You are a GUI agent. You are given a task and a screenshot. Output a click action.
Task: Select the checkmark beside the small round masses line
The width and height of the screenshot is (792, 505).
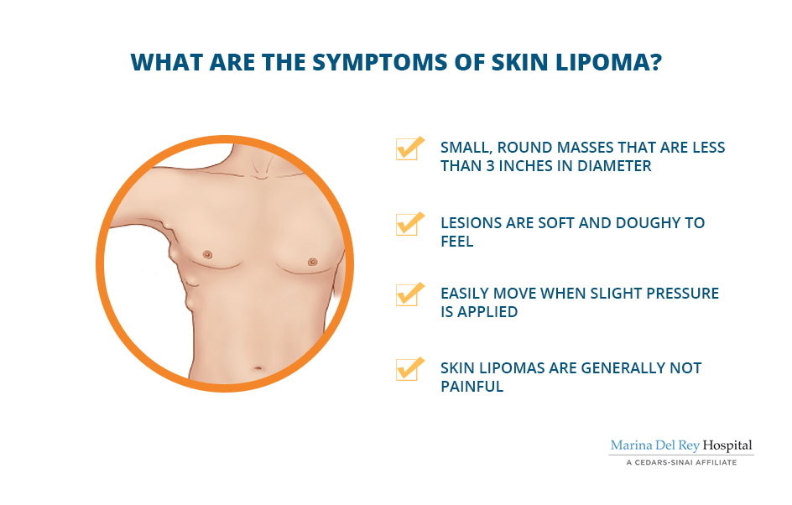[x=409, y=148]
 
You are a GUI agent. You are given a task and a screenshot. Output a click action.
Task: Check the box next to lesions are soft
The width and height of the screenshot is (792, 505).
[x=409, y=224]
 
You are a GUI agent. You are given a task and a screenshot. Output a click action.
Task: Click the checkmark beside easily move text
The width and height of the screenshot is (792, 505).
[x=409, y=294]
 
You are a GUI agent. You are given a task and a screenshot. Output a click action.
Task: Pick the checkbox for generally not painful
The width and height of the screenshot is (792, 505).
[x=409, y=368]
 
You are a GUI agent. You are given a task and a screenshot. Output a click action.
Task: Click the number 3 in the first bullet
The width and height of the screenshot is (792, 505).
[x=490, y=165]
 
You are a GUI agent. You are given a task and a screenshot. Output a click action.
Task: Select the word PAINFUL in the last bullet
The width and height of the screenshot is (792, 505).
[x=472, y=387]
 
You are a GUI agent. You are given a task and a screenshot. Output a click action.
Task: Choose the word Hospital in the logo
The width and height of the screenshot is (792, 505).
[x=727, y=445]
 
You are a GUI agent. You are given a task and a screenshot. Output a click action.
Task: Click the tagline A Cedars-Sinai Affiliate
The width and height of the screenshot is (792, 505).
[x=681, y=462]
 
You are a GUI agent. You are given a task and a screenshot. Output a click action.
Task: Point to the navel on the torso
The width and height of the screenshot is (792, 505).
[x=257, y=368]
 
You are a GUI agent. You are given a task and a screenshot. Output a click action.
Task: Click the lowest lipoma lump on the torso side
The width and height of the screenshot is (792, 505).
[x=189, y=302]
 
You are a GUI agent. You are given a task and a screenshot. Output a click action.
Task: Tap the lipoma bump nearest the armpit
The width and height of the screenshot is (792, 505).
[x=164, y=222]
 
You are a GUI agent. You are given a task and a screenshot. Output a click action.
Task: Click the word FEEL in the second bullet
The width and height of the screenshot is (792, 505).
[x=457, y=242]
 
